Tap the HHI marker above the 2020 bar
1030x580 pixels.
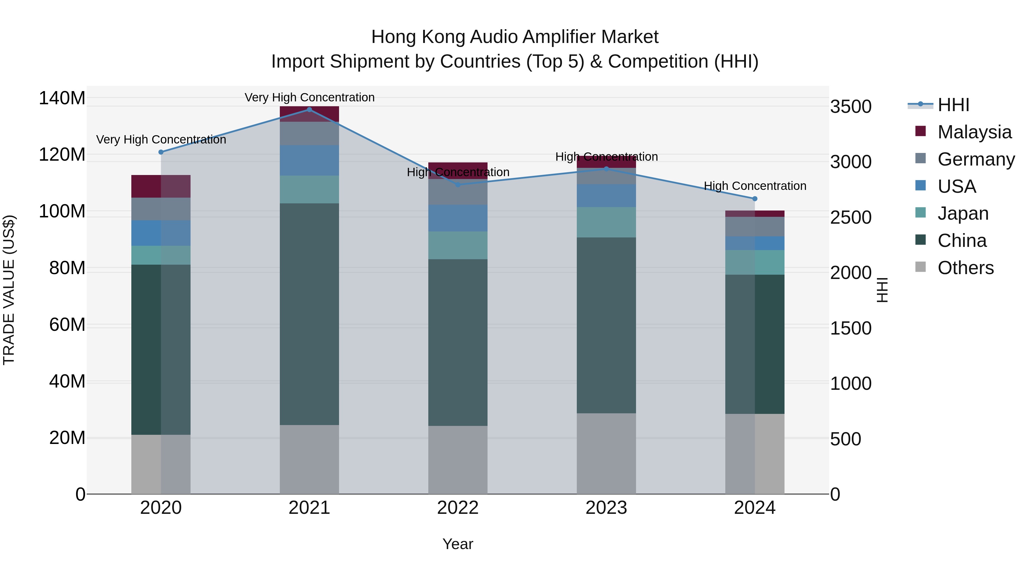tap(161, 152)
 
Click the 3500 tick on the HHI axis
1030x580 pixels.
tap(851, 107)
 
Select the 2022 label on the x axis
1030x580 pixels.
tap(457, 508)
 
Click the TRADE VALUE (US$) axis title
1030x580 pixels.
tap(9, 290)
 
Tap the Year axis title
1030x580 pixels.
tap(457, 544)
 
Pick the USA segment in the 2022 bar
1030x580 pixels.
tap(457, 218)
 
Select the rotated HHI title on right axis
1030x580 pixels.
tap(882, 290)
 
